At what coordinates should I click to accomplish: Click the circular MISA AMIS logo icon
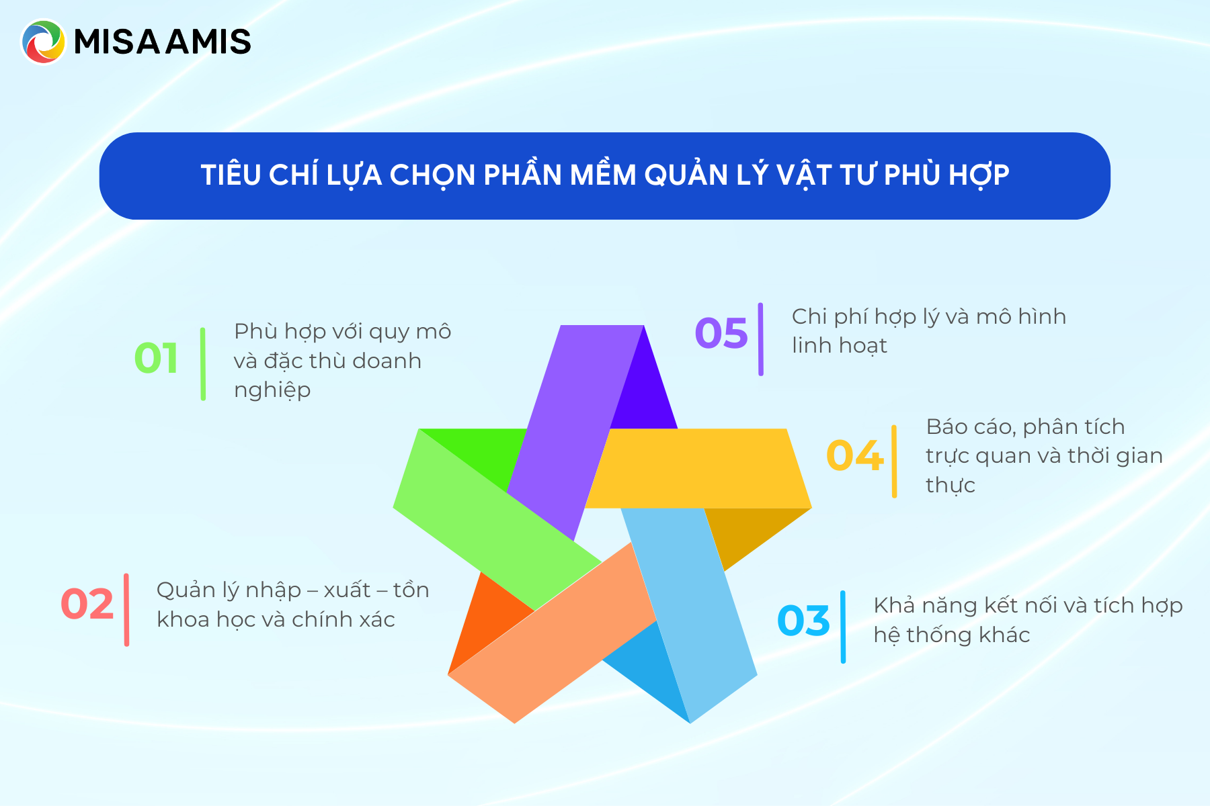pyautogui.click(x=44, y=42)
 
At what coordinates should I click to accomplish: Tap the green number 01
pyautogui.click(x=156, y=358)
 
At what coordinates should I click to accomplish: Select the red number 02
pyautogui.click(x=87, y=604)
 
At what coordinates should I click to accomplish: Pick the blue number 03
pyautogui.click(x=803, y=621)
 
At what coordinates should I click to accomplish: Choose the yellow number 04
pyautogui.click(x=854, y=455)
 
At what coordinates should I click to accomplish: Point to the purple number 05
pyautogui.click(x=721, y=333)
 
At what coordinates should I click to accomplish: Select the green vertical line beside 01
pyautogui.click(x=203, y=363)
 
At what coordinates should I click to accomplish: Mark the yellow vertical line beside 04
pyautogui.click(x=894, y=461)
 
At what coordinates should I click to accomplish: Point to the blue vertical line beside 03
pyautogui.click(x=843, y=627)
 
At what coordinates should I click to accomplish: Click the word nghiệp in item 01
pyautogui.click(x=272, y=390)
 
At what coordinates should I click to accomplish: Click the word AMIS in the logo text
pyautogui.click(x=208, y=42)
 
